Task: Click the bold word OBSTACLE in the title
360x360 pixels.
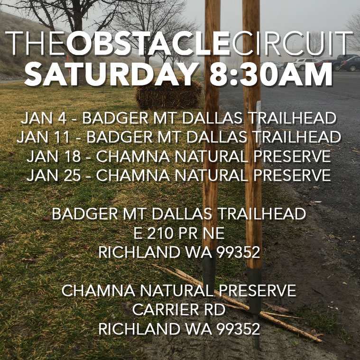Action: click(148, 43)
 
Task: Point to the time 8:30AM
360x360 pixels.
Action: click(271, 74)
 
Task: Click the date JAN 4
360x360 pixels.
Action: click(44, 118)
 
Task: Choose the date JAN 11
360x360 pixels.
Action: click(43, 137)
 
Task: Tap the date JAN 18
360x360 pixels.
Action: click(54, 157)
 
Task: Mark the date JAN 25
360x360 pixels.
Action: click(54, 175)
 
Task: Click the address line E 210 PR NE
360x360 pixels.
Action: click(179, 233)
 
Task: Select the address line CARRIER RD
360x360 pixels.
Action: click(179, 310)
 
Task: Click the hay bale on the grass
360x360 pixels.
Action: click(169, 93)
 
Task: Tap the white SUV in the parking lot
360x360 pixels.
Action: click(306, 64)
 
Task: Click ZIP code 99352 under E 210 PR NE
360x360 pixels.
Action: click(238, 252)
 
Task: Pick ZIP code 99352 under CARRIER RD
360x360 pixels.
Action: click(238, 329)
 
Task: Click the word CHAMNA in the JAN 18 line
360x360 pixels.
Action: click(133, 157)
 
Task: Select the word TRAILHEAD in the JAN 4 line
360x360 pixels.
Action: click(292, 118)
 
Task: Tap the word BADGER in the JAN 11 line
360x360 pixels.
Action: click(120, 137)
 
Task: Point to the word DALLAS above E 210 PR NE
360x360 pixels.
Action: click(182, 214)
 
